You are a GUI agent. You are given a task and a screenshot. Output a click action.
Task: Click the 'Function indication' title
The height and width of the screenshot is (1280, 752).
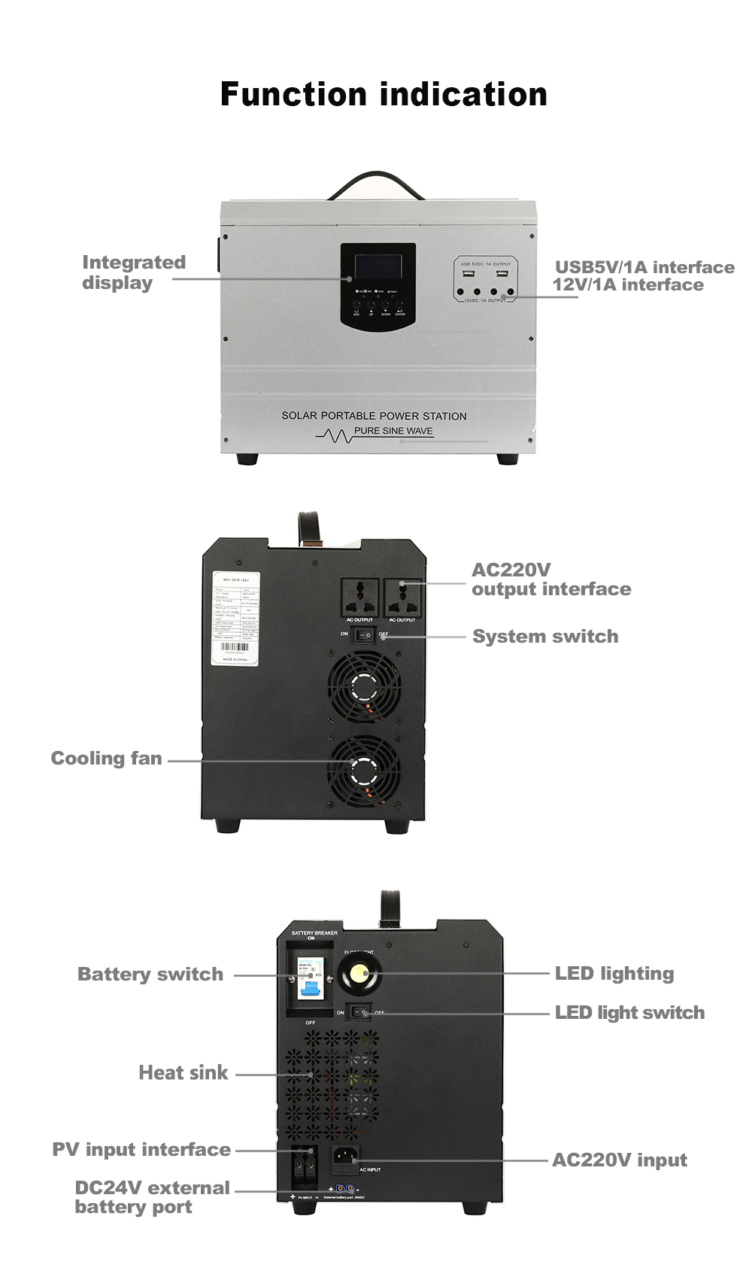click(x=384, y=95)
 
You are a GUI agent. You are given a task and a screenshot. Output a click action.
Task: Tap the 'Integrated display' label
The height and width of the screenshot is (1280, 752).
click(x=133, y=272)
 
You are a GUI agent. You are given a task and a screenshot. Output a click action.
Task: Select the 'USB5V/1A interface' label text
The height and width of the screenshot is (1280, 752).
click(x=644, y=267)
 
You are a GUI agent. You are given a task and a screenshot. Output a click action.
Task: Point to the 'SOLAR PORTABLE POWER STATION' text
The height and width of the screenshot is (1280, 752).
click(x=374, y=415)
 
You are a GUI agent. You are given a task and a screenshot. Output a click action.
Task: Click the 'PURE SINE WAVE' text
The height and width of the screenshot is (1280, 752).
click(x=393, y=431)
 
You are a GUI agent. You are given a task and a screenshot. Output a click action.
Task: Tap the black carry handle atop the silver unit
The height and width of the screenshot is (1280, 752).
click(x=377, y=184)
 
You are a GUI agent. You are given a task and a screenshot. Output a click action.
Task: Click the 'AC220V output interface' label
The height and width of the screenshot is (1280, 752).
click(x=550, y=579)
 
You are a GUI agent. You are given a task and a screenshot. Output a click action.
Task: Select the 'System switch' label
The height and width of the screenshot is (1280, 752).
click(x=545, y=637)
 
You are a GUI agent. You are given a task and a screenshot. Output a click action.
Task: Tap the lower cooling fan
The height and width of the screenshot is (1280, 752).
click(x=365, y=771)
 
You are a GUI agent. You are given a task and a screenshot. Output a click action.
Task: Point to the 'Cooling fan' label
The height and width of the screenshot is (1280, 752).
click(x=106, y=759)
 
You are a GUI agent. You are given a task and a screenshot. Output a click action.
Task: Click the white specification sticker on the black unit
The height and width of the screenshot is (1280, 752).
click(x=235, y=618)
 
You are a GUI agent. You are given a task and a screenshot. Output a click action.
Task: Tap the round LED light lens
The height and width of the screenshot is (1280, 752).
click(x=359, y=975)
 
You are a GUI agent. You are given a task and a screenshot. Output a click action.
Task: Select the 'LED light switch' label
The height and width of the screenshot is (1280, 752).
click(x=629, y=1013)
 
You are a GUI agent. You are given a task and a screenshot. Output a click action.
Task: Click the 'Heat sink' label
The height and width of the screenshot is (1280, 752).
click(x=183, y=1073)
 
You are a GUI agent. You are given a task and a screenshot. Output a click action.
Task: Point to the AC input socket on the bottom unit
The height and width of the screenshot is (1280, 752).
click(x=345, y=1160)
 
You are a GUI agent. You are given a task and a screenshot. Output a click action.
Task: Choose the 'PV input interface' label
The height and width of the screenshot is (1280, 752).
click(x=141, y=1150)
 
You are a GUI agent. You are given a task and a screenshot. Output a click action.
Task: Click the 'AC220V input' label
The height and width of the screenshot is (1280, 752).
click(x=620, y=1160)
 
